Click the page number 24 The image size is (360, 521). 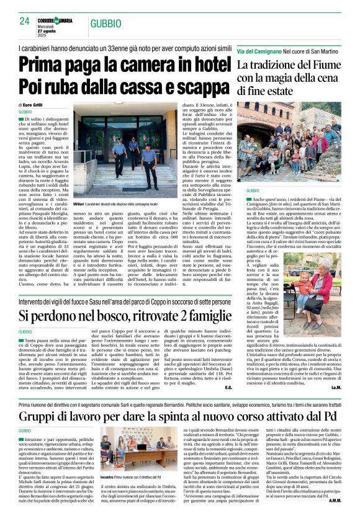25,21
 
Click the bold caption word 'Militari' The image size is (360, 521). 79,203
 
